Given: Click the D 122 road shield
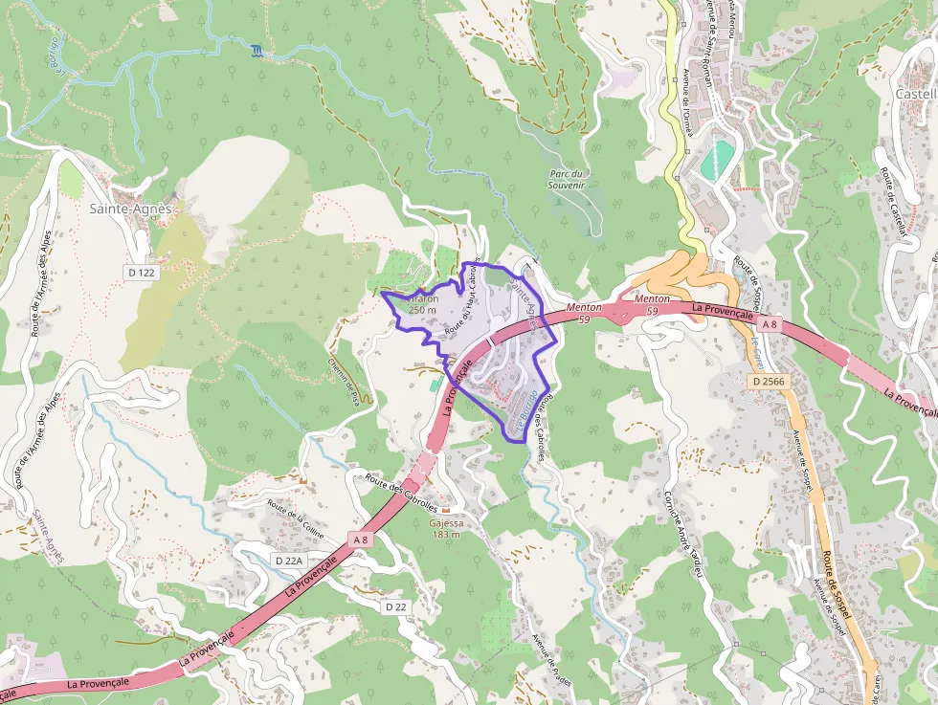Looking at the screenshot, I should pos(140,273).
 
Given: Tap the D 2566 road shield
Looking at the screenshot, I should pos(768,382).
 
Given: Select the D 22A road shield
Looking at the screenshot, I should pos(288,561).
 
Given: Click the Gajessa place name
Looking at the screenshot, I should pos(446,523).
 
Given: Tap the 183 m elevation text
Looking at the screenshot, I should pos(446,535).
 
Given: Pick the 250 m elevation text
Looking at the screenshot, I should pos(422,310).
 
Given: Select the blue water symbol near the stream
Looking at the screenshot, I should pos(256,50).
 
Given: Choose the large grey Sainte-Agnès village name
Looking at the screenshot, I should pos(130,209).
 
